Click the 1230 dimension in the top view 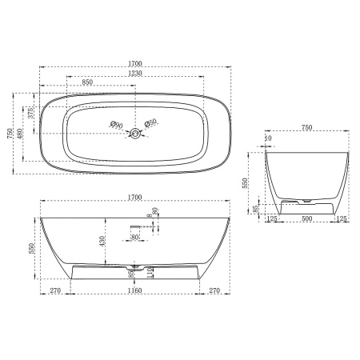(134, 74)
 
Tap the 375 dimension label (31, 113)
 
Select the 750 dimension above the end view (307, 128)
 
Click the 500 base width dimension (307, 218)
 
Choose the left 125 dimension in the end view (273, 218)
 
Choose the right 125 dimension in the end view (342, 218)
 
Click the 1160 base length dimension (134, 291)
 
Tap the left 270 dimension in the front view (55, 291)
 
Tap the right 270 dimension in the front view (214, 291)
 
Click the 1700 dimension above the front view (134, 197)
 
